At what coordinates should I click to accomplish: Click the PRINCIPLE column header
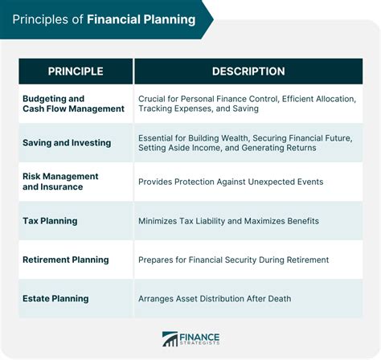(x=76, y=72)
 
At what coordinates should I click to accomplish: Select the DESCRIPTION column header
(x=248, y=72)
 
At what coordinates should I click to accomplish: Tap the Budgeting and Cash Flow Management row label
(x=73, y=103)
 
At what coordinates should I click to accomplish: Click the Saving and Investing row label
(x=67, y=142)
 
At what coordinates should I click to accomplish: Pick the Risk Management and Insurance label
(x=60, y=182)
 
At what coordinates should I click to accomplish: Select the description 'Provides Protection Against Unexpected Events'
(x=231, y=182)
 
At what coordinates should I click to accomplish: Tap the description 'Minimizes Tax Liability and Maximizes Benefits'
(x=228, y=221)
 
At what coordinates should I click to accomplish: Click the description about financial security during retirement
(x=233, y=260)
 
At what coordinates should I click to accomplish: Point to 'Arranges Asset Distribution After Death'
(x=215, y=299)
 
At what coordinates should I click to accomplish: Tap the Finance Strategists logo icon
(x=170, y=339)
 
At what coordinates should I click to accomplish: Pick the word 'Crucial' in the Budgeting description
(x=154, y=98)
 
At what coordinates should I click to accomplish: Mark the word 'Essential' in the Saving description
(x=158, y=137)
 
